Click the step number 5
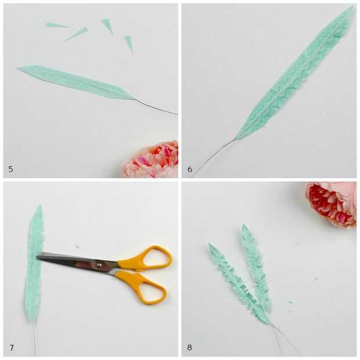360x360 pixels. coord(11,169)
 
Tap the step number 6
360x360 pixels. coord(190,169)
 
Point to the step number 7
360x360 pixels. coord(11,348)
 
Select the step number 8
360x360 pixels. coord(190,347)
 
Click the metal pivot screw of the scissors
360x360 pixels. coord(99,265)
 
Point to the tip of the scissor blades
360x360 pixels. coord(37,257)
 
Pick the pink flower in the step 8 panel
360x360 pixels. coord(330,203)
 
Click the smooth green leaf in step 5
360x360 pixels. coord(75,82)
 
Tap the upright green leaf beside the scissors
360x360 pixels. coord(34,264)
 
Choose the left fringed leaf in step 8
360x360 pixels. coord(239,283)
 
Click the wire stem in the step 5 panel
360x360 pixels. coord(156,107)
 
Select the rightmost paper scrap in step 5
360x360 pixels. coord(128,44)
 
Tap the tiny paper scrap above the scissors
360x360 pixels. coord(77,247)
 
